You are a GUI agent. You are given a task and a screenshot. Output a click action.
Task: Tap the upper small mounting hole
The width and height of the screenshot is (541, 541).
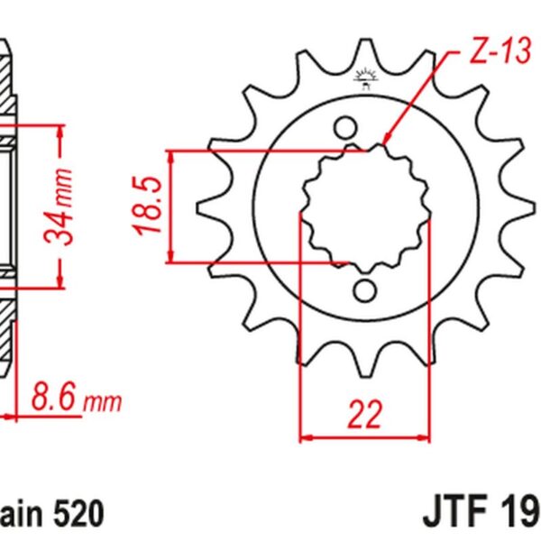click(345, 127)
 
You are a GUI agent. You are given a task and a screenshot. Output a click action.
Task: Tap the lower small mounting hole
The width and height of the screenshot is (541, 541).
click(365, 289)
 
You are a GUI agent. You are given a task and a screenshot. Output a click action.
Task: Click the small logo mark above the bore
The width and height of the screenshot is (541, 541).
click(365, 79)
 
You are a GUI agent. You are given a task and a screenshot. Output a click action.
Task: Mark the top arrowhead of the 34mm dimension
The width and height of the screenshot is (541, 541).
click(60, 132)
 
